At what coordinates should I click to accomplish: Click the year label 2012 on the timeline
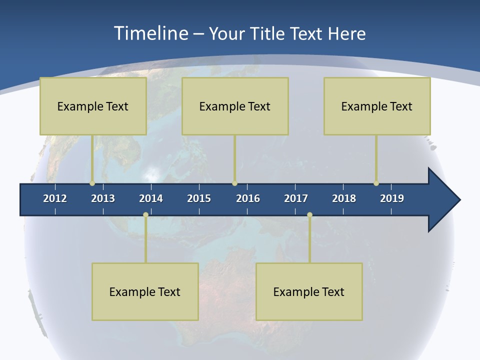coord(55,198)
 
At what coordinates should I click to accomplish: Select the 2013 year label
coord(103,198)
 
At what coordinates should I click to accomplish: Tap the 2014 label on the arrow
coord(151,198)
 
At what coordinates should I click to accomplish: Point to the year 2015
coord(199,198)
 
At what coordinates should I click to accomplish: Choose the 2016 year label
coord(248,198)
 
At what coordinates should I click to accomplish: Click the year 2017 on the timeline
coord(296,198)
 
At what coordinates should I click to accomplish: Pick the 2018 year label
coord(344,198)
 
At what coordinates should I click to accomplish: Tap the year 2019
coord(392,198)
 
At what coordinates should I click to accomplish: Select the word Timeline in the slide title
coord(149,33)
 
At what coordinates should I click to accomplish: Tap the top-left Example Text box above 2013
coord(93,106)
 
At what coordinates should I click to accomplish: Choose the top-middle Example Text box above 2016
coord(235,106)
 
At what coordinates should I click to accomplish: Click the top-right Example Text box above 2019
coord(377,106)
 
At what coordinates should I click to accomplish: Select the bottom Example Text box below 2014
coord(145,291)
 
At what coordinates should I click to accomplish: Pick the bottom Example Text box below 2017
coord(309,291)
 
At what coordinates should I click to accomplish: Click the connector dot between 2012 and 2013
coord(92,183)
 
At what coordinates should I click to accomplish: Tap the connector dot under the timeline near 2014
coord(145,215)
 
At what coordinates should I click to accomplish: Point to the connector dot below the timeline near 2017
coord(309,215)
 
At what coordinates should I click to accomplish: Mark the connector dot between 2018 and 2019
coord(376,183)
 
